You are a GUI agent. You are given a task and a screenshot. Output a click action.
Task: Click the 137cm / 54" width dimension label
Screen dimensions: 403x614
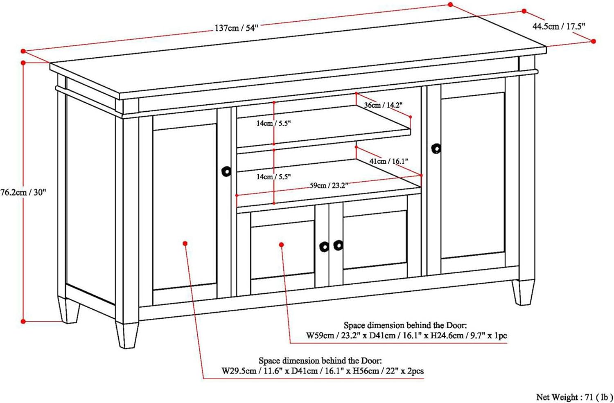click(237, 28)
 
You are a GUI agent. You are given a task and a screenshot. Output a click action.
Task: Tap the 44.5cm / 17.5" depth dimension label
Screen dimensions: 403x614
click(559, 27)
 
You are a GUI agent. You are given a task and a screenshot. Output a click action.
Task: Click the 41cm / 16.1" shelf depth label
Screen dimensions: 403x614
click(389, 161)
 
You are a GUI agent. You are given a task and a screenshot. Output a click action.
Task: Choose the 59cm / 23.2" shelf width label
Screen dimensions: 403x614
click(329, 185)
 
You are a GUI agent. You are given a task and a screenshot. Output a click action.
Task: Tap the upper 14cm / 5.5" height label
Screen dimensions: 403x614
click(273, 123)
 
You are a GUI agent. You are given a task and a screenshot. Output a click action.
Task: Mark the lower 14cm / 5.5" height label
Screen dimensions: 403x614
click(273, 177)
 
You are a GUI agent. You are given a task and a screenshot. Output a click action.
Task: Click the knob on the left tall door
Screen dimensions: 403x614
click(226, 171)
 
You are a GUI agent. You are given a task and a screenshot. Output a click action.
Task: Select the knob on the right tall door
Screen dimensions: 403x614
click(436, 149)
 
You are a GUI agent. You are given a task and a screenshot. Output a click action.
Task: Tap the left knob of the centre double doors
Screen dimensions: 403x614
click(324, 247)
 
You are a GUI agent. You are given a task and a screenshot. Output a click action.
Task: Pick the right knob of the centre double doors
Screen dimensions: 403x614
click(338, 245)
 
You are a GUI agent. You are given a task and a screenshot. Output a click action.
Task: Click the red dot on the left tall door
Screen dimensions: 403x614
click(185, 243)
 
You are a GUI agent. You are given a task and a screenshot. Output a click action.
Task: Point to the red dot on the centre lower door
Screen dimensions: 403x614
click(282, 245)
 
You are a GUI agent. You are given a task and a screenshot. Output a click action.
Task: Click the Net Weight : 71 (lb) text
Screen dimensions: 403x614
click(574, 397)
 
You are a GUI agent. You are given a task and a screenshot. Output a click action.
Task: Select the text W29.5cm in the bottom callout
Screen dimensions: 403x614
click(239, 371)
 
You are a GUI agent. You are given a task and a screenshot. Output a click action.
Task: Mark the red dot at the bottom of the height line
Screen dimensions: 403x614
click(23, 322)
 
